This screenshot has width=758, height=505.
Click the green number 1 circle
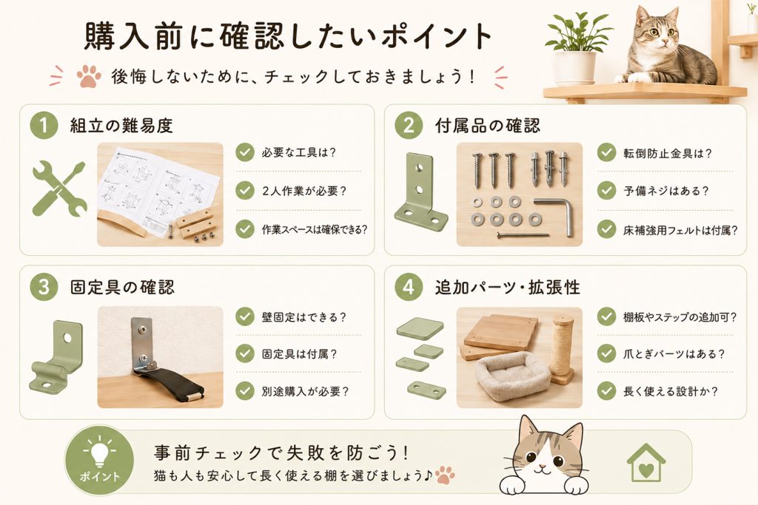[44, 125]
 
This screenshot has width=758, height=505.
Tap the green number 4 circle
[409, 287]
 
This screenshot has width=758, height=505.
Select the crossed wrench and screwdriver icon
[59, 189]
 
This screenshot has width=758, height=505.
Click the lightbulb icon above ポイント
[99, 450]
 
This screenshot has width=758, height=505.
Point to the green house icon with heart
[645, 463]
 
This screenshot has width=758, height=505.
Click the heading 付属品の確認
[487, 126]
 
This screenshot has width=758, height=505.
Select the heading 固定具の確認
[122, 287]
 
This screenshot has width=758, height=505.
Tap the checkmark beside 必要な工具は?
[245, 152]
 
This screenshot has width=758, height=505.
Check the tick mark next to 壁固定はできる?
[245, 316]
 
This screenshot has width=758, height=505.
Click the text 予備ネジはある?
[666, 191]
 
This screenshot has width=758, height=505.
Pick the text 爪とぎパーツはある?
[674, 354]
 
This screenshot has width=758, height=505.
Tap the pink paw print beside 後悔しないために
[89, 76]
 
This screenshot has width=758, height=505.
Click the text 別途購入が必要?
[305, 391]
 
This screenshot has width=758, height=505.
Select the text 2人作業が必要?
[304, 191]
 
